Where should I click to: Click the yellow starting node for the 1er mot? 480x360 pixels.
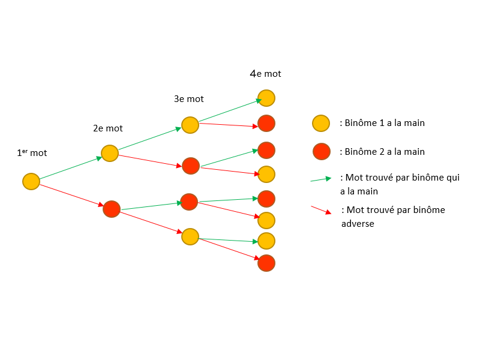point(31,181)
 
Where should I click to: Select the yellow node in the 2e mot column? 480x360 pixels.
point(110,153)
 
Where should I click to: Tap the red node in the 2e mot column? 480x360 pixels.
point(112,209)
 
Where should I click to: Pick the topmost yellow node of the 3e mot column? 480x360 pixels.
point(190,125)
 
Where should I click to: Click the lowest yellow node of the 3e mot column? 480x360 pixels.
point(190,236)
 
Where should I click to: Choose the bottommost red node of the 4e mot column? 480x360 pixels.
point(266,263)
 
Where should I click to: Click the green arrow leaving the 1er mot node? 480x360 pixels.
point(71,168)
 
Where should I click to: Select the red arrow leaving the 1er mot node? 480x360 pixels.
point(71,195)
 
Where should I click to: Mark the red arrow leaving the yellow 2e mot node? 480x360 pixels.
point(150,160)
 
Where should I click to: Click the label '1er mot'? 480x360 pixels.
point(32,153)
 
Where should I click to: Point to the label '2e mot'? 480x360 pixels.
point(107,128)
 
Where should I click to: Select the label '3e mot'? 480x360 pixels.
point(188,99)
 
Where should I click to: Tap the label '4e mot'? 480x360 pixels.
point(265,74)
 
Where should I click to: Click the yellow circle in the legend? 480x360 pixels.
point(321,124)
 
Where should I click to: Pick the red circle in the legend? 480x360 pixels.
point(321,152)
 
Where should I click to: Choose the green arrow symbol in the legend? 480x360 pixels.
point(321,179)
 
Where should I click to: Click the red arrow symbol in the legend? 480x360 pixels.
point(321,210)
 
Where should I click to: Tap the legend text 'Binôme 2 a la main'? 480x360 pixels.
point(382,152)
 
